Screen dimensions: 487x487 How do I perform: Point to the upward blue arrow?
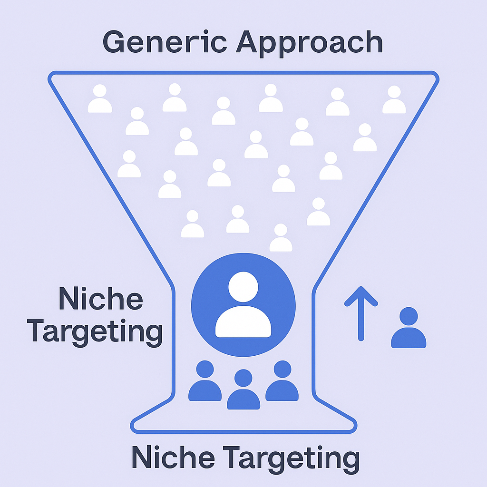tap(361, 313)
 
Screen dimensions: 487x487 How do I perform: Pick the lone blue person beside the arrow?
tap(409, 328)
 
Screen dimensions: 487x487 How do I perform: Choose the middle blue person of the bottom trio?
tap(243, 390)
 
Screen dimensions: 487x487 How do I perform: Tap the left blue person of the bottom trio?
tap(205, 381)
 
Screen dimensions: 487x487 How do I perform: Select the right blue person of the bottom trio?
tap(282, 381)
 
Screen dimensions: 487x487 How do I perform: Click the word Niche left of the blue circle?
tap(100, 300)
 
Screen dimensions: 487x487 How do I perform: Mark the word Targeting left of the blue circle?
tap(95, 332)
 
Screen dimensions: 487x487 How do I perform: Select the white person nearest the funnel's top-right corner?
tap(394, 100)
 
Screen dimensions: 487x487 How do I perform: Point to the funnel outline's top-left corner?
tap(51, 76)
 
